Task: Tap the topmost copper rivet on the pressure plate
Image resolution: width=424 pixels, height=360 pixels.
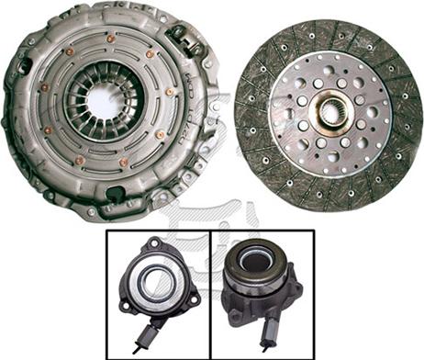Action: pyautogui.click(x=111, y=39)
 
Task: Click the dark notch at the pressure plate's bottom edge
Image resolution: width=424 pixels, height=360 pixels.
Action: pyautogui.click(x=117, y=195)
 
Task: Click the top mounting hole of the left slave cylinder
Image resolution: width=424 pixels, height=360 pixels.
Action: pyautogui.click(x=155, y=244)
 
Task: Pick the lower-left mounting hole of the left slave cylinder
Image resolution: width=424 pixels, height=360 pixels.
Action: pyautogui.click(x=126, y=307)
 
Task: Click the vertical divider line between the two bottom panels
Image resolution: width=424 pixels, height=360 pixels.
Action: pyautogui.click(x=211, y=294)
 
